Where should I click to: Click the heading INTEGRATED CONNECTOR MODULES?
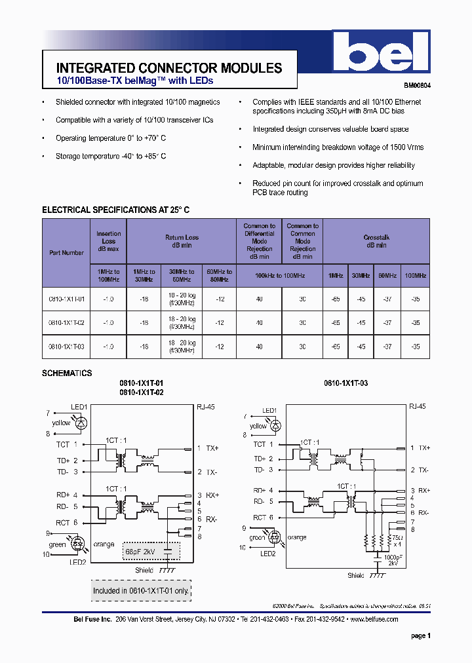(x=169, y=68)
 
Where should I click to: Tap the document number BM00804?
(x=417, y=85)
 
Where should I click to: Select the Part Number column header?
(x=66, y=252)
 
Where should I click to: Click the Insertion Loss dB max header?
(x=108, y=241)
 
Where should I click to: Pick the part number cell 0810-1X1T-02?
(x=66, y=322)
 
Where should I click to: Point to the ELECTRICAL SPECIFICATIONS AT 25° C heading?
(x=115, y=210)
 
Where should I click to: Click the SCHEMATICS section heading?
(x=67, y=373)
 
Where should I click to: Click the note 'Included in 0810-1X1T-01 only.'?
(x=140, y=590)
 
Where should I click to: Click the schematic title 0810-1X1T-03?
(x=345, y=383)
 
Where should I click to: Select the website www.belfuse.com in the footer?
(x=374, y=619)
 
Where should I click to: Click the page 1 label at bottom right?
(x=420, y=635)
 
